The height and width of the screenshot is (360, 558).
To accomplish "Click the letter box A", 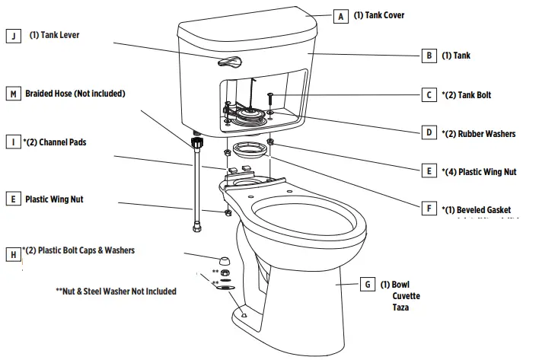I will (340, 15).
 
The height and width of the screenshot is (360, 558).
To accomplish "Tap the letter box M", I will (13, 94).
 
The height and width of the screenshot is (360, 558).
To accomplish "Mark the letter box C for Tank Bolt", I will (430, 95).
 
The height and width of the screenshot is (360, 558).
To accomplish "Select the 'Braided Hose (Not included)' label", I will (75, 94).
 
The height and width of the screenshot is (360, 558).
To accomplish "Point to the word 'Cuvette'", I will (406, 296).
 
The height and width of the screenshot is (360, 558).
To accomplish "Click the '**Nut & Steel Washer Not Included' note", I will (116, 292).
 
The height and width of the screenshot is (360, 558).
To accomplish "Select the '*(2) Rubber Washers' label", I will (478, 133).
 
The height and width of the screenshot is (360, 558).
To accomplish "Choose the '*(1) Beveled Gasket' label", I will (476, 209).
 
